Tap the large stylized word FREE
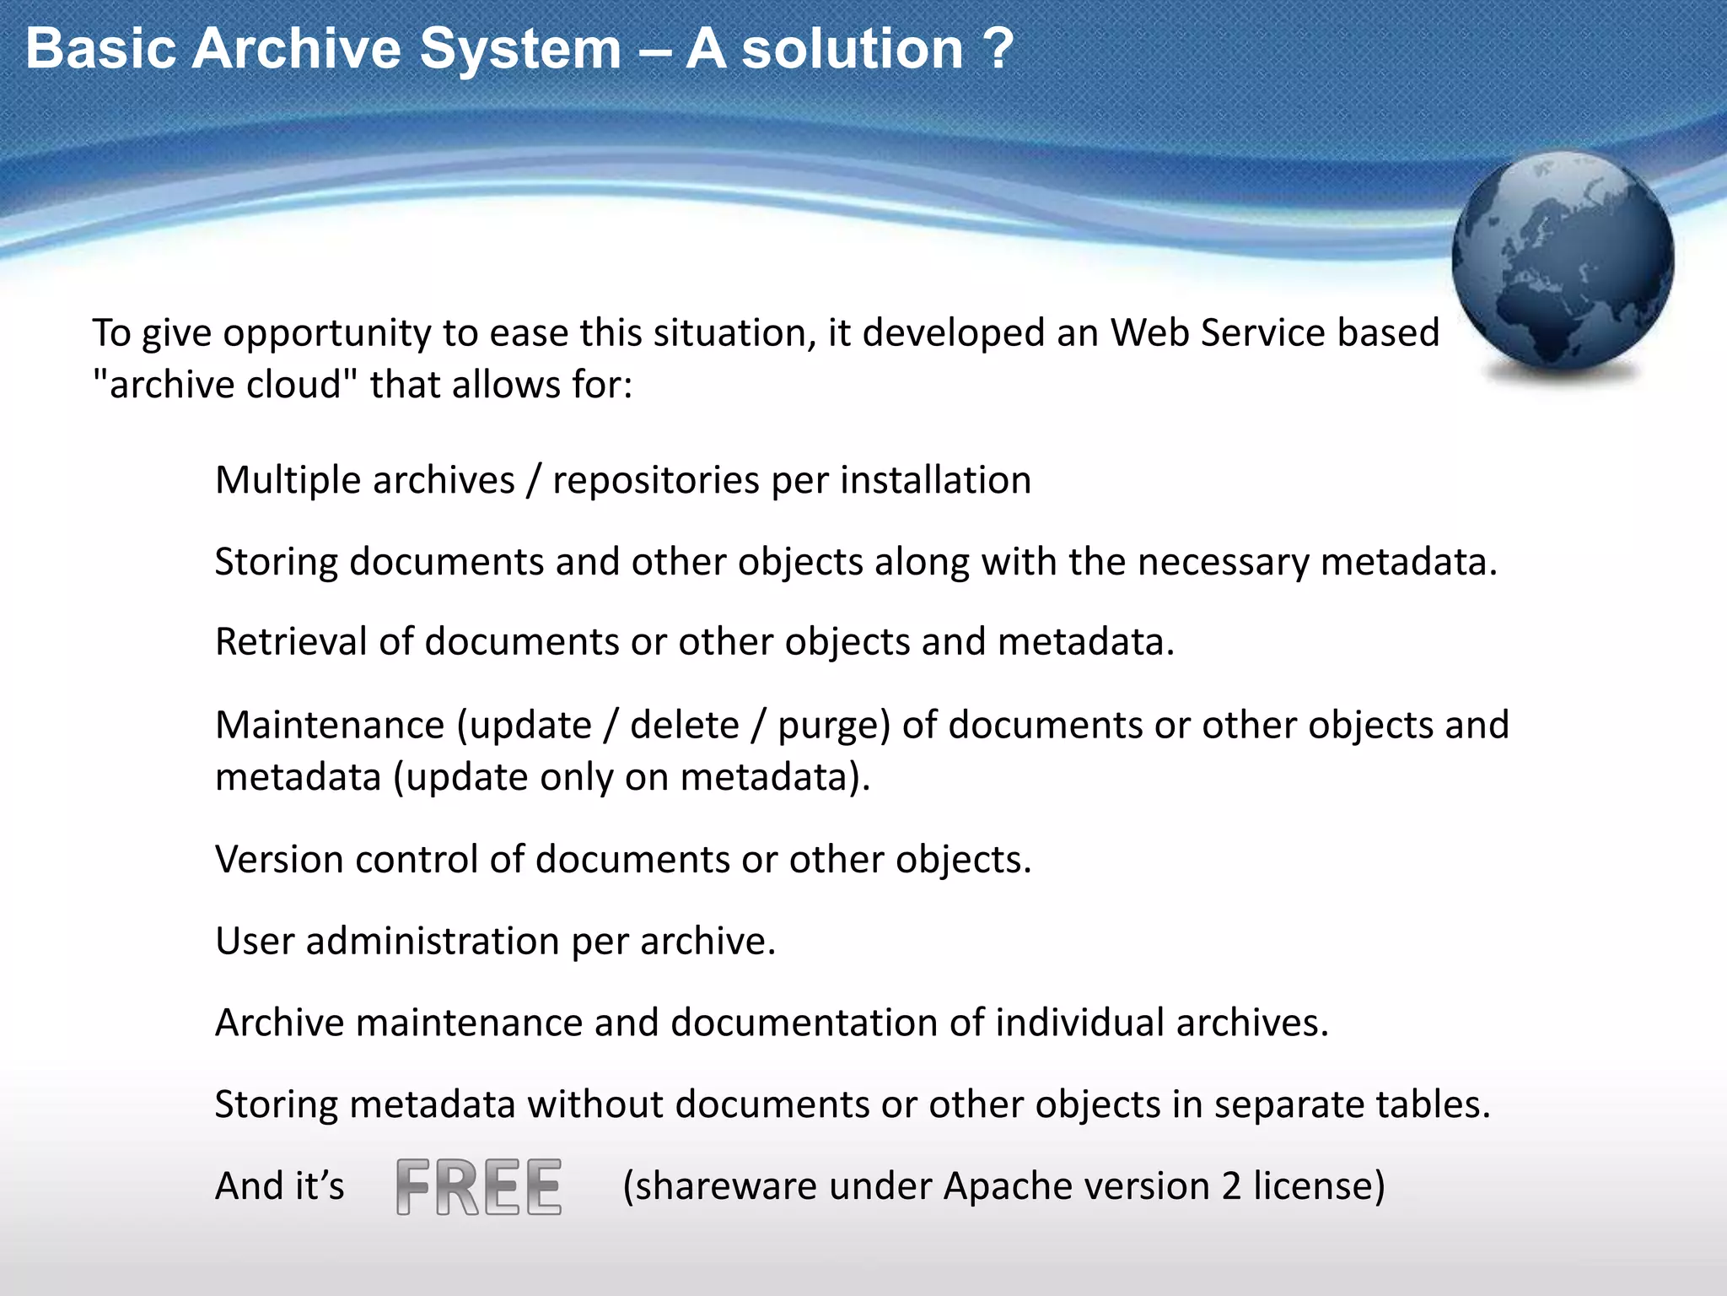(x=479, y=1186)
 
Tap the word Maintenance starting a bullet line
(x=330, y=725)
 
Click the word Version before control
(x=279, y=860)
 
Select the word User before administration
(x=254, y=941)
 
